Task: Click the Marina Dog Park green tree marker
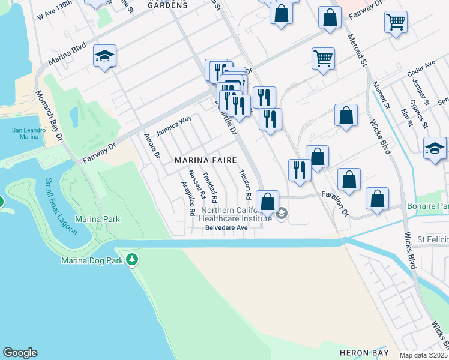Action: (x=132, y=260)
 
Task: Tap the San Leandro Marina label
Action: (x=25, y=133)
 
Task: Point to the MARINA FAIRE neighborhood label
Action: (x=205, y=160)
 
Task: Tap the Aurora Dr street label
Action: (x=154, y=146)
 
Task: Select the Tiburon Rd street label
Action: (x=244, y=184)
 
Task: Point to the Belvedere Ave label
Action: (x=226, y=228)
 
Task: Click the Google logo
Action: (x=20, y=353)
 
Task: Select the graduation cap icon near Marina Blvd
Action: (x=105, y=56)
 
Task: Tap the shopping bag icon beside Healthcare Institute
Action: (x=268, y=200)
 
